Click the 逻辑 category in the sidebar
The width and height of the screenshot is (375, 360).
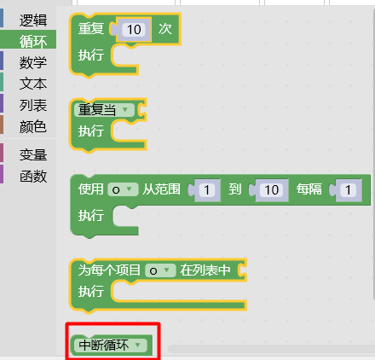[33, 20]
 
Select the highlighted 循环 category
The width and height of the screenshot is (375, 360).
[33, 42]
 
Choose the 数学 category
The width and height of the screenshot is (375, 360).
[33, 62]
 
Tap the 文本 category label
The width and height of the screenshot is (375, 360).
[33, 84]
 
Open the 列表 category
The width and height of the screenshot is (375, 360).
[33, 105]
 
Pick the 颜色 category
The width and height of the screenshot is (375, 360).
[33, 126]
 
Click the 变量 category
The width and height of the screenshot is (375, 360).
[33, 155]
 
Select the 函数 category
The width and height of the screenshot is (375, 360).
[33, 177]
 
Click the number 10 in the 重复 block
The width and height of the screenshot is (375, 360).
[134, 30]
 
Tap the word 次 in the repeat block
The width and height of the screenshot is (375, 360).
[165, 29]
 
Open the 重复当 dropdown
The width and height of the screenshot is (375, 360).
[104, 110]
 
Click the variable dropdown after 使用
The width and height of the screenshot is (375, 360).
[123, 189]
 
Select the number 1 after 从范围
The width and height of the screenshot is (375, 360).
[207, 190]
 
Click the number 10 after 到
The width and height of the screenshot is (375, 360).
[271, 190]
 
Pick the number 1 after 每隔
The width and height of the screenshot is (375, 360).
[348, 190]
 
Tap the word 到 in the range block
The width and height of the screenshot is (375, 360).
[235, 189]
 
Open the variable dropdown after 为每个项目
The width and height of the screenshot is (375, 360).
[160, 270]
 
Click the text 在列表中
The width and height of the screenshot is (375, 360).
[205, 270]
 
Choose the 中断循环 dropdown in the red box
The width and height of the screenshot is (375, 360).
[110, 345]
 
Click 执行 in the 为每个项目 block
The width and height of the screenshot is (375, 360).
[91, 291]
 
